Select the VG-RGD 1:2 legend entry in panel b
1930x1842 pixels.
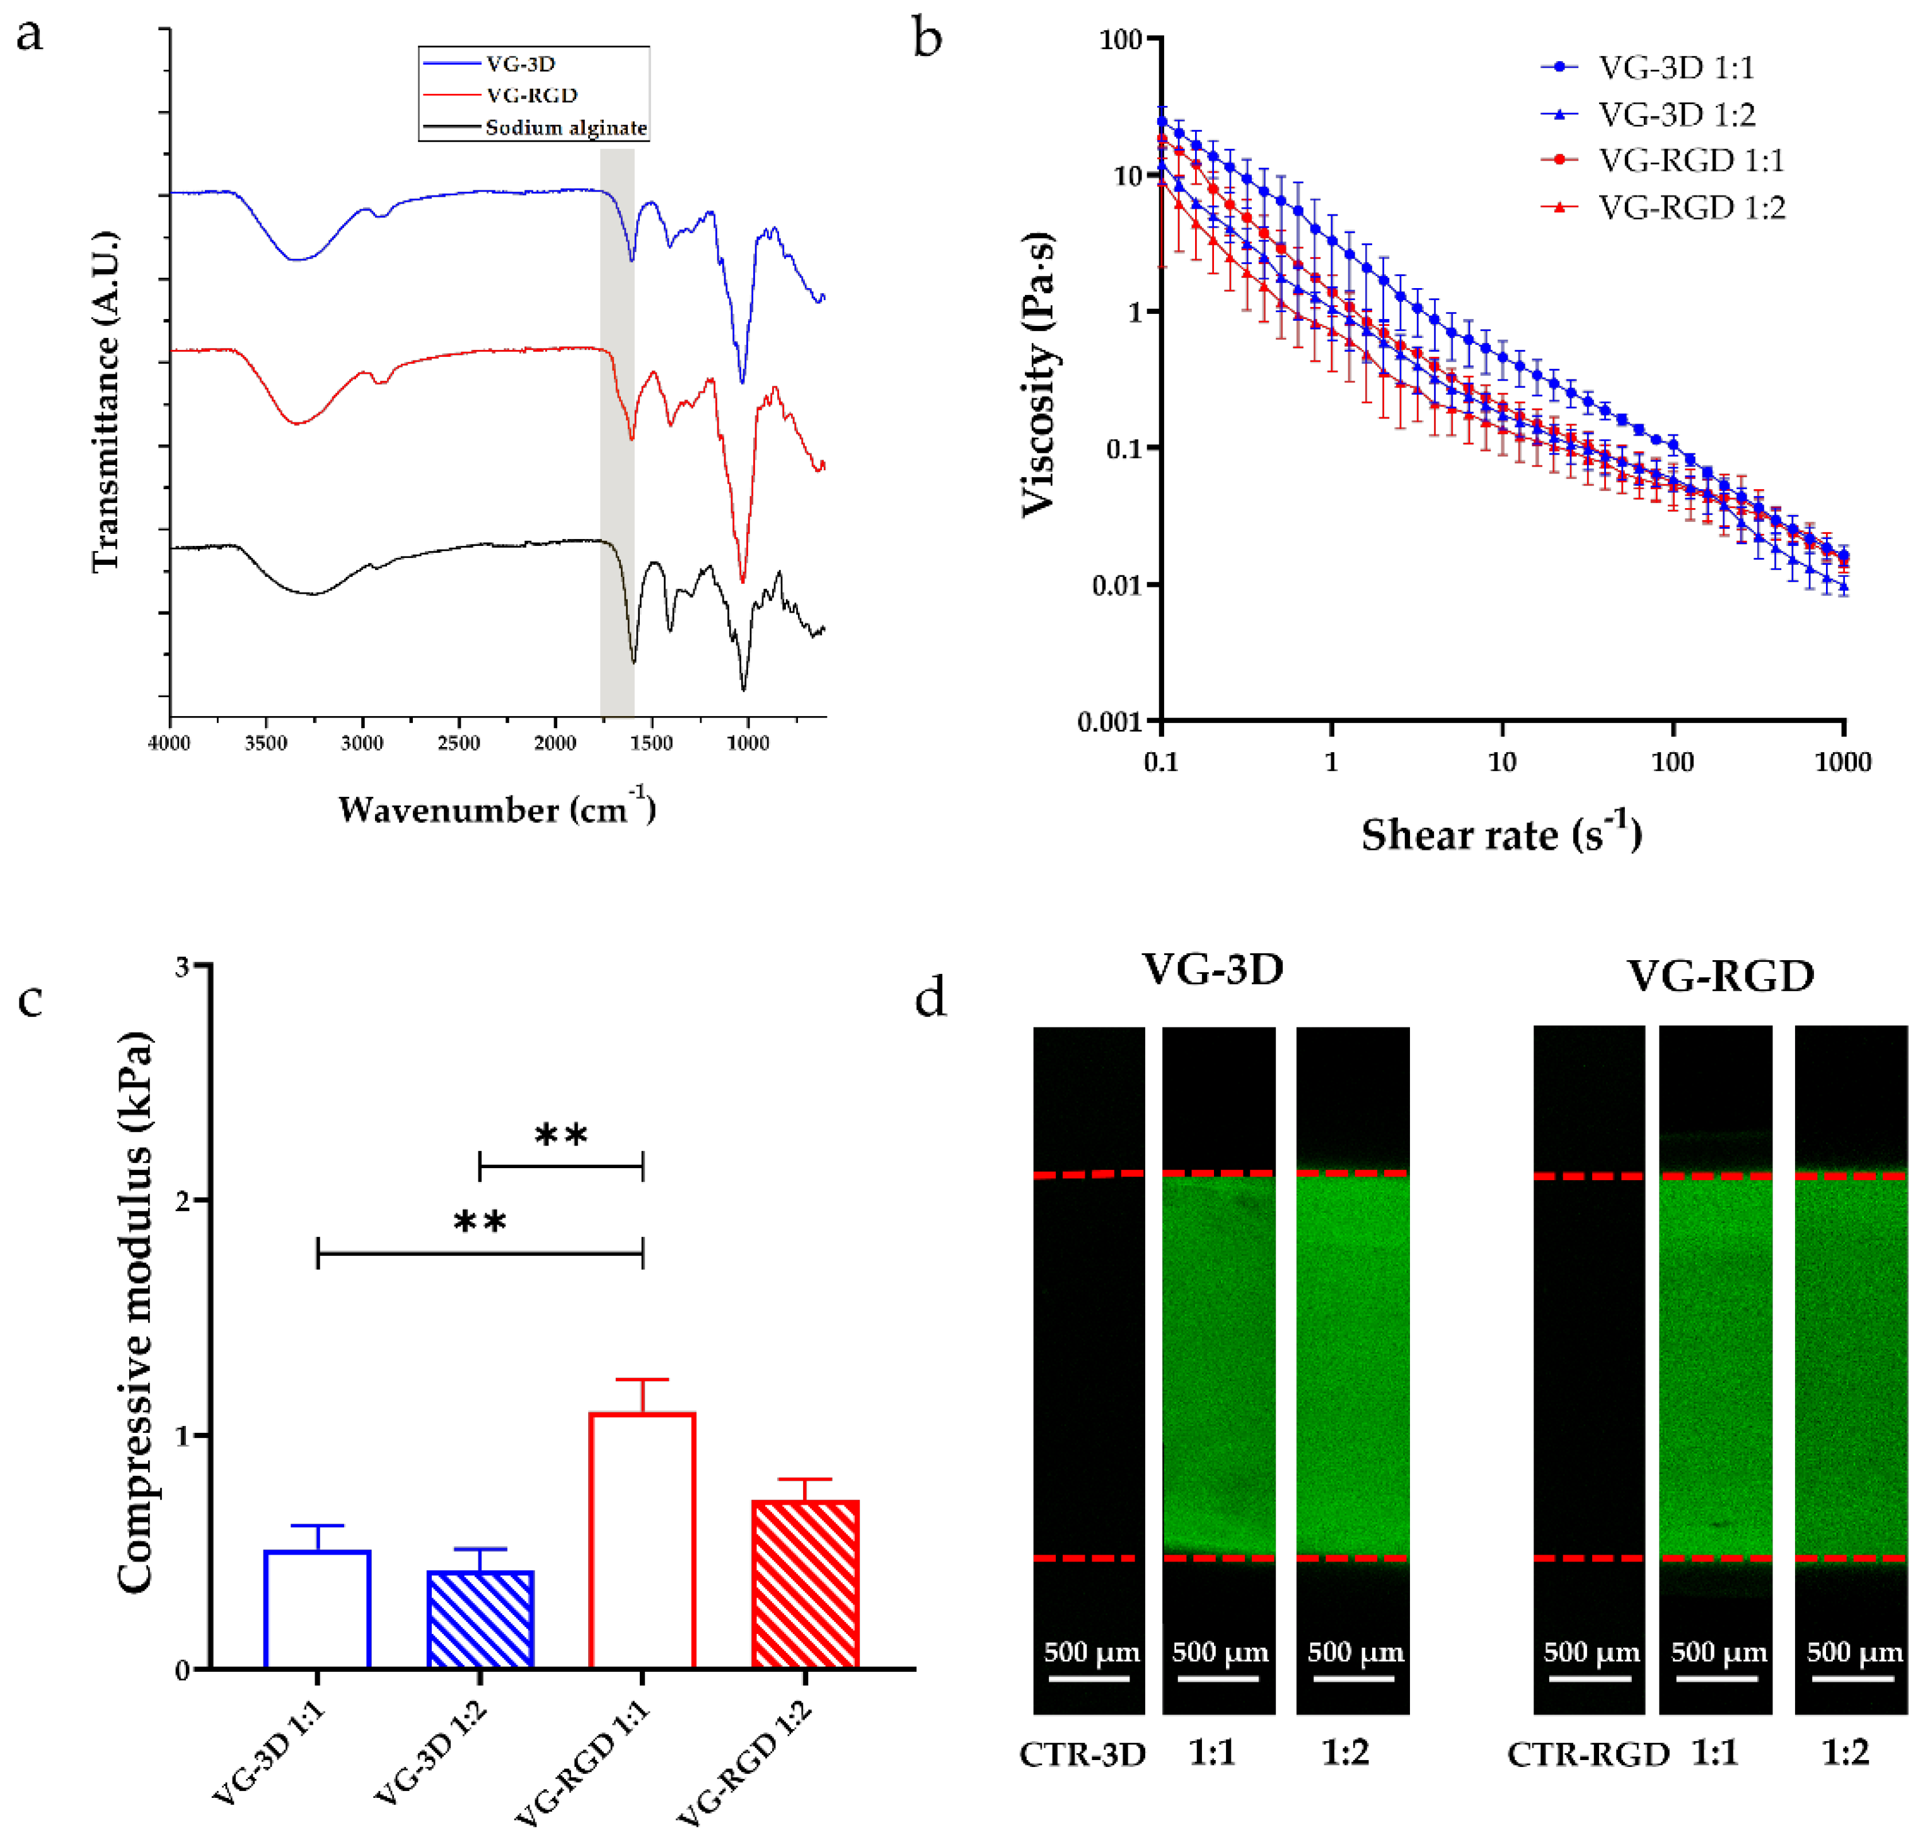point(1663,207)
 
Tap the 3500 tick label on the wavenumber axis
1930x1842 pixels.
point(266,743)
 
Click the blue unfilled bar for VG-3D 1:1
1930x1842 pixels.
point(317,1609)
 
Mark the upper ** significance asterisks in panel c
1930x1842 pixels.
point(562,1135)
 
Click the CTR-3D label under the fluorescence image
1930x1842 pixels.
point(1083,1754)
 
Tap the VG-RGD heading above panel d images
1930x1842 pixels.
point(1720,976)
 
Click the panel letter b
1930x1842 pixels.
point(928,38)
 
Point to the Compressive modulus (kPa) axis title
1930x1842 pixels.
point(134,1312)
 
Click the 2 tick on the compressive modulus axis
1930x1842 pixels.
point(183,1200)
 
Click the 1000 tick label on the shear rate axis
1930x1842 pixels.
point(1842,762)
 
